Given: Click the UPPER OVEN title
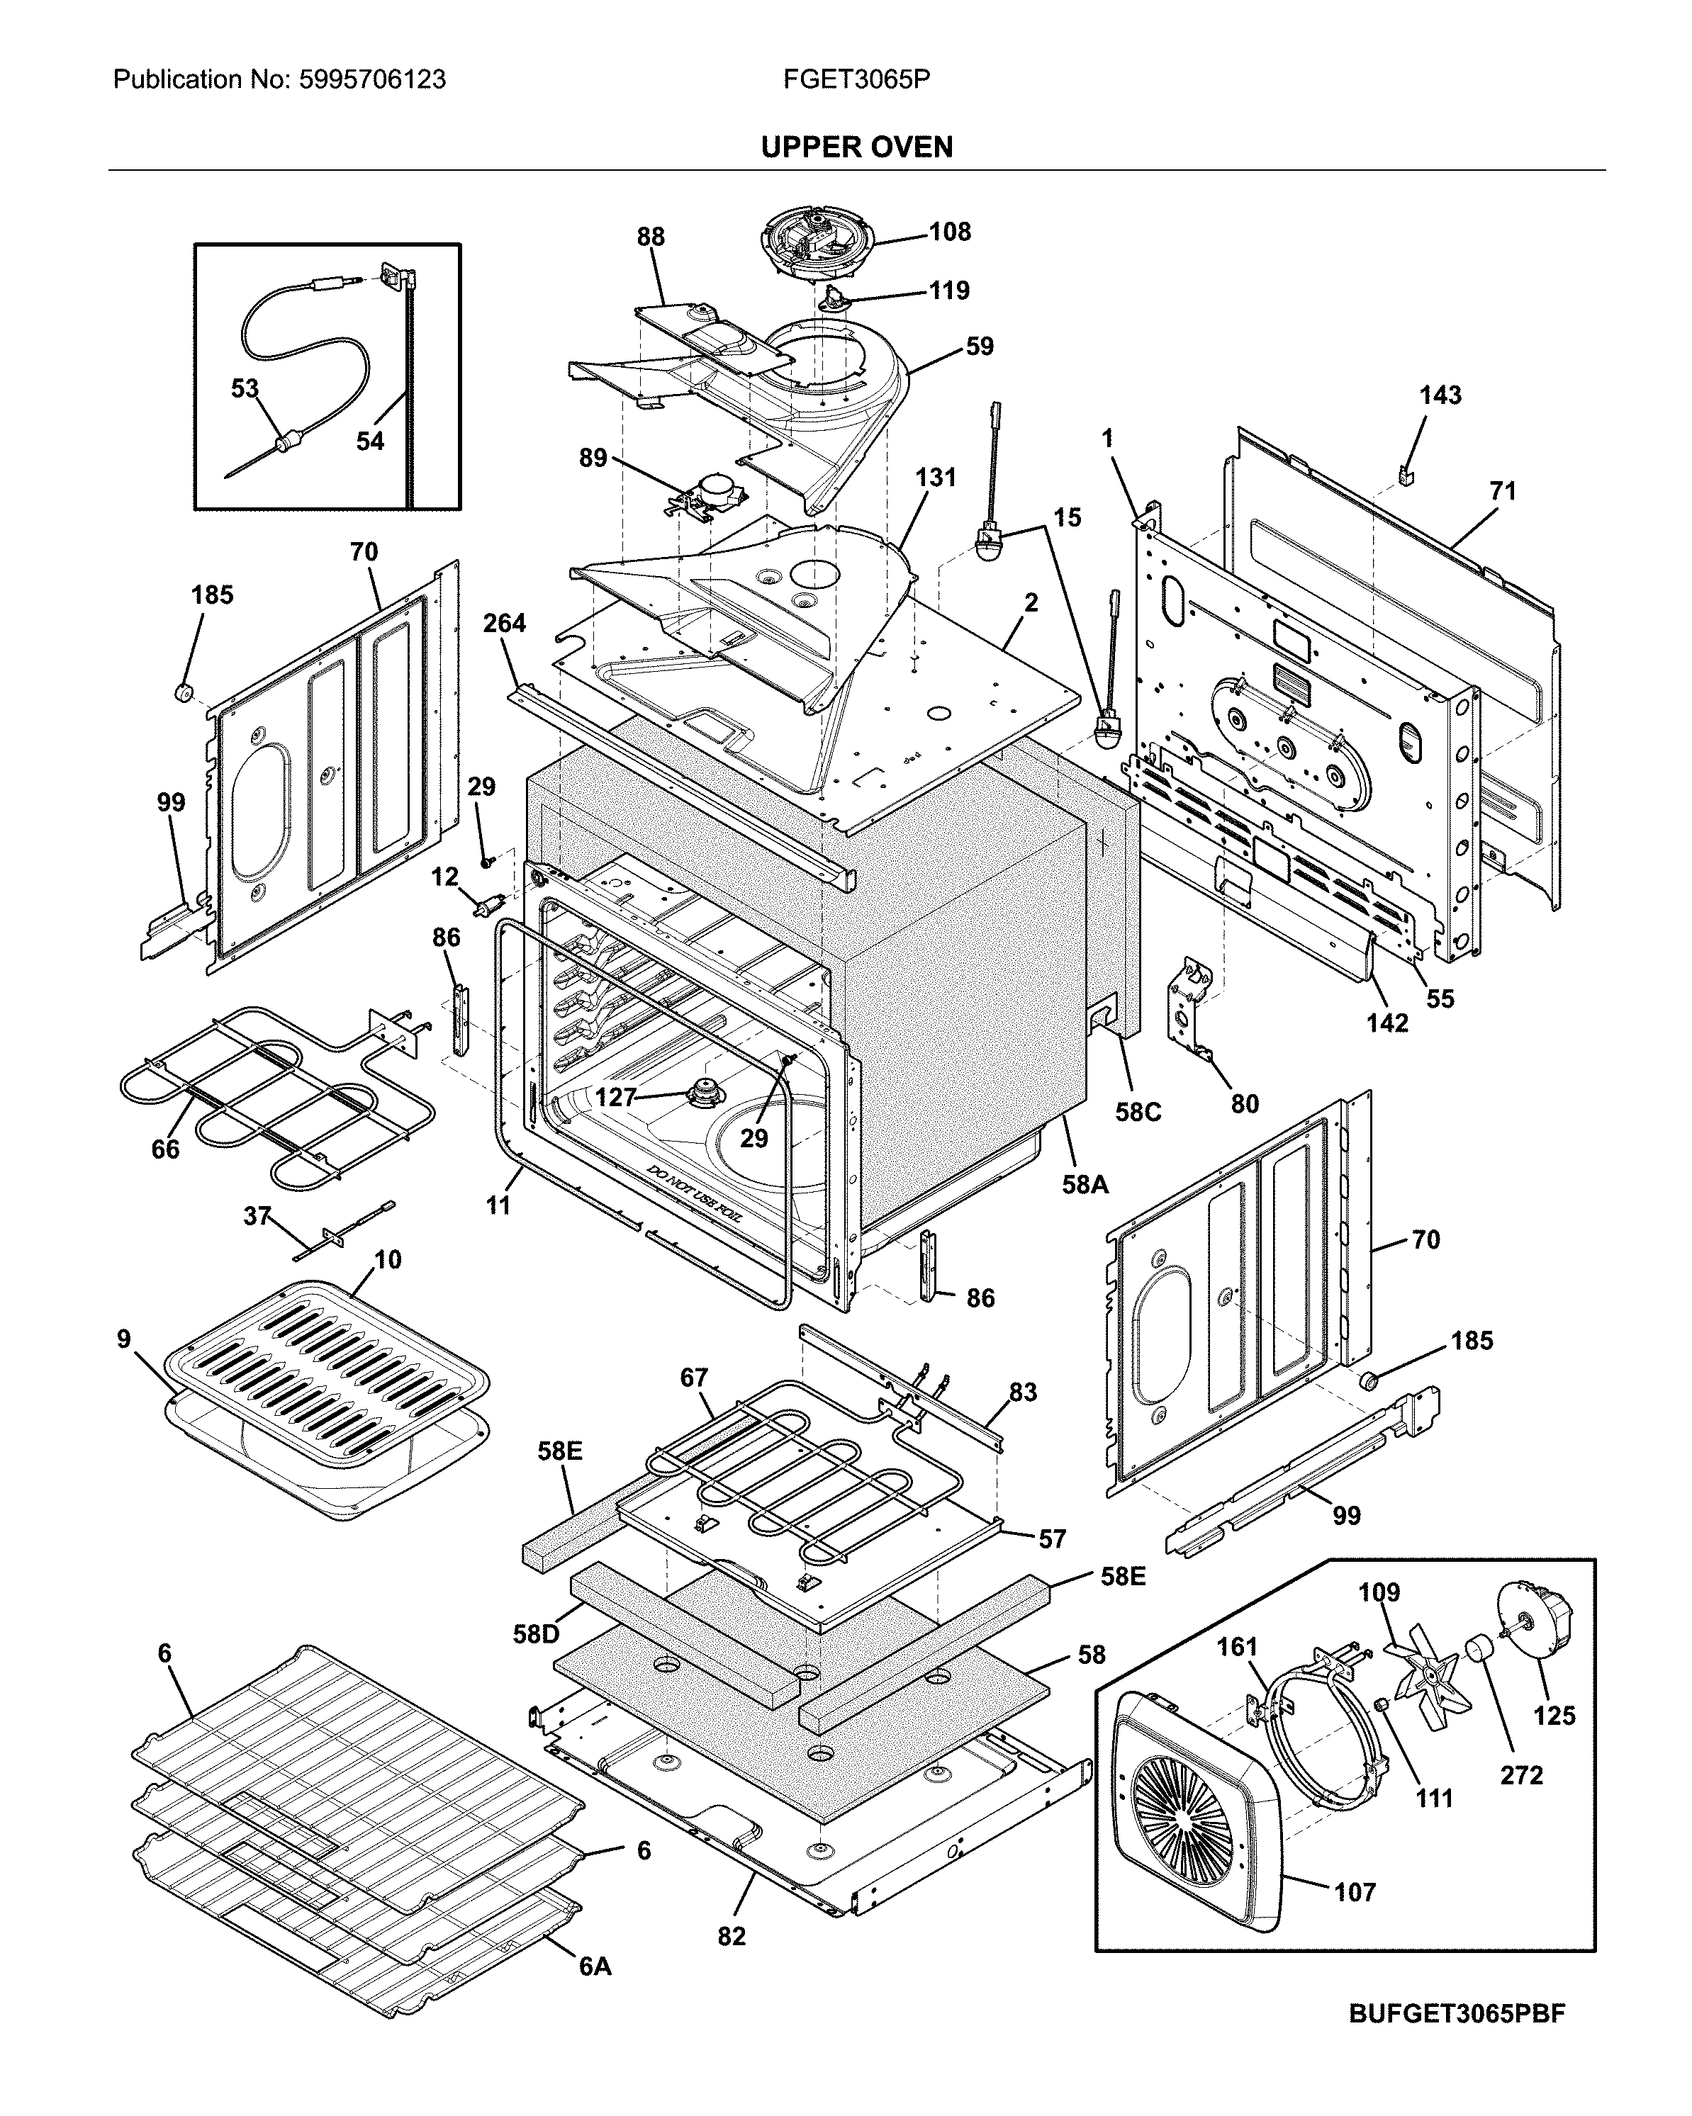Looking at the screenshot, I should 856,147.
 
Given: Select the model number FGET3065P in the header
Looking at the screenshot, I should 856,79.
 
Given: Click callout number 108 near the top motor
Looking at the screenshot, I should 949,232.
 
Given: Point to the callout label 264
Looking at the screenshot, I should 505,623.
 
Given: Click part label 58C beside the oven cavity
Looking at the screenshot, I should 1138,1112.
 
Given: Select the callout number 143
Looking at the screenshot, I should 1439,395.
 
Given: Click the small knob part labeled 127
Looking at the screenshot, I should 702,1089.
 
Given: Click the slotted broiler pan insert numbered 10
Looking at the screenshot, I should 324,1354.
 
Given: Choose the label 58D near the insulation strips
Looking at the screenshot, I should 536,1634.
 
